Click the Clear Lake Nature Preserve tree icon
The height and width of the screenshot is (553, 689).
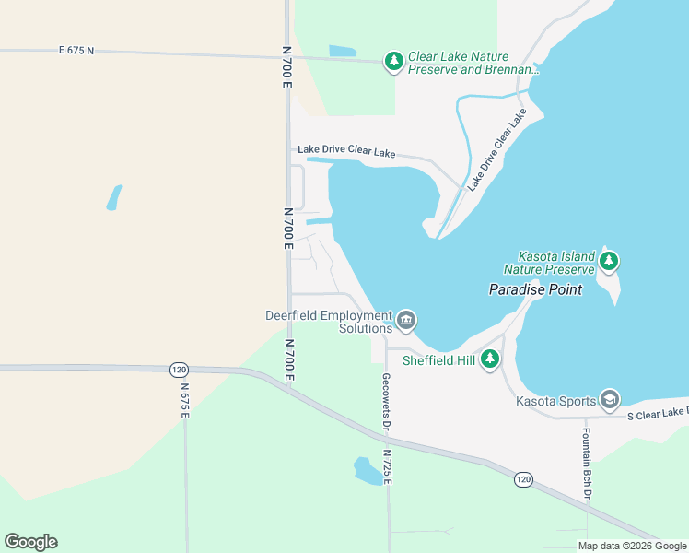pos(394,62)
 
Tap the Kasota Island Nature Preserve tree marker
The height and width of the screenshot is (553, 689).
pos(608,262)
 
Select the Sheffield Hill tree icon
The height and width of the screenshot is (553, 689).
pos(491,359)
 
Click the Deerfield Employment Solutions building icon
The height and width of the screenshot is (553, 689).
pos(406,321)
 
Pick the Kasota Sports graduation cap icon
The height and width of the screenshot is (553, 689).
pos(609,399)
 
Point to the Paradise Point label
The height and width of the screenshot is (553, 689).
pos(535,289)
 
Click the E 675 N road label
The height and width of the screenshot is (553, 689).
pos(76,50)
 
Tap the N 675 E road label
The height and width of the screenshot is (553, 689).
pos(184,401)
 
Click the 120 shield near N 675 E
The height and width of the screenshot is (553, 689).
pos(179,370)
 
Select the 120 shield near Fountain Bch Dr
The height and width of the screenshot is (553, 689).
pos(523,479)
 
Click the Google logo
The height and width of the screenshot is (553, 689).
pos(30,542)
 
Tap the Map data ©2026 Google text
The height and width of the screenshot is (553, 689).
pos(631,546)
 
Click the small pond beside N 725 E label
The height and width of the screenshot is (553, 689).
pos(367,470)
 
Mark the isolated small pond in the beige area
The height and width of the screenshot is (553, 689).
pos(113,197)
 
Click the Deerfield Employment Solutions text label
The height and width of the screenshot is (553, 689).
pos(329,322)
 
